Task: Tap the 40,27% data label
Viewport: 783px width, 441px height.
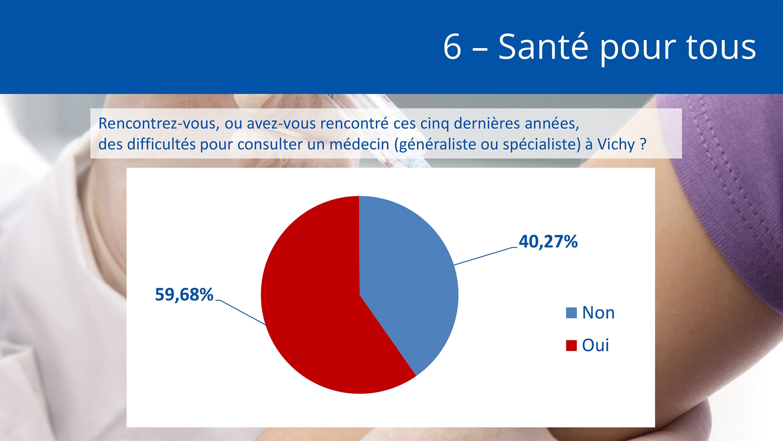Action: (x=548, y=241)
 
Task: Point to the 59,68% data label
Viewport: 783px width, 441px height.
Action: (x=184, y=295)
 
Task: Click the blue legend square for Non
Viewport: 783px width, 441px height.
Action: (x=571, y=313)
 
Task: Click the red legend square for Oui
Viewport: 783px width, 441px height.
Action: (x=571, y=345)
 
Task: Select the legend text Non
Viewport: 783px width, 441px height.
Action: (x=598, y=313)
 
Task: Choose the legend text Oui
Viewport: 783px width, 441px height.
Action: (x=595, y=345)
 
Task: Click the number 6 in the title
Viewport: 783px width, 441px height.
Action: (x=452, y=47)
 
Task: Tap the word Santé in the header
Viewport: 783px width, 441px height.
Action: (x=543, y=46)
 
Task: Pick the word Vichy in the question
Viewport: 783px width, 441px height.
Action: (x=616, y=145)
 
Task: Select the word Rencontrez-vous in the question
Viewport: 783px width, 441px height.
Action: (x=159, y=124)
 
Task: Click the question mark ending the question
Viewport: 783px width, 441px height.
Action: (x=643, y=144)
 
